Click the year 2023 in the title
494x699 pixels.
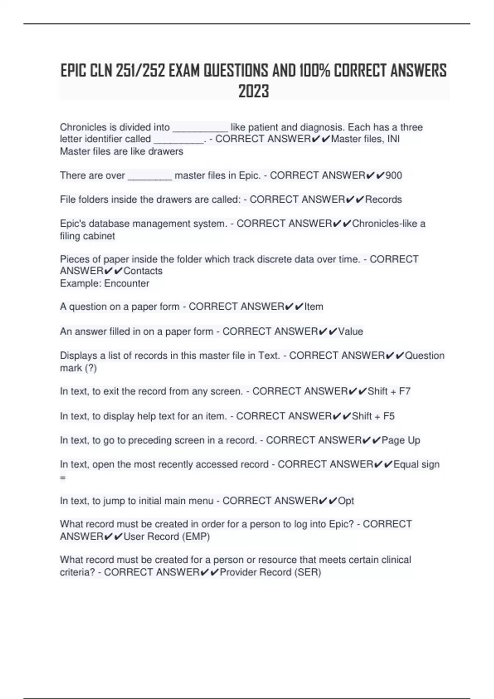[x=254, y=91]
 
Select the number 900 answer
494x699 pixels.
[x=394, y=176]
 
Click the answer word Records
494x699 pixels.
[x=383, y=200]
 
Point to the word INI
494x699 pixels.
[x=393, y=139]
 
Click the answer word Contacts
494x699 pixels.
[x=143, y=271]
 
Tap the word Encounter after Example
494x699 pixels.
[x=126, y=283]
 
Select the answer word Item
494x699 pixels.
[x=314, y=307]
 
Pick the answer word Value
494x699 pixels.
[x=350, y=331]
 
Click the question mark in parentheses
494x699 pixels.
[x=91, y=368]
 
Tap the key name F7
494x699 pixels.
[x=405, y=391]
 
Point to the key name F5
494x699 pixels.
[x=389, y=416]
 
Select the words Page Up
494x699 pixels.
[x=401, y=440]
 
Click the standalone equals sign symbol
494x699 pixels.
[x=63, y=478]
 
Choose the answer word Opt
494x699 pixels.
[x=346, y=501]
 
